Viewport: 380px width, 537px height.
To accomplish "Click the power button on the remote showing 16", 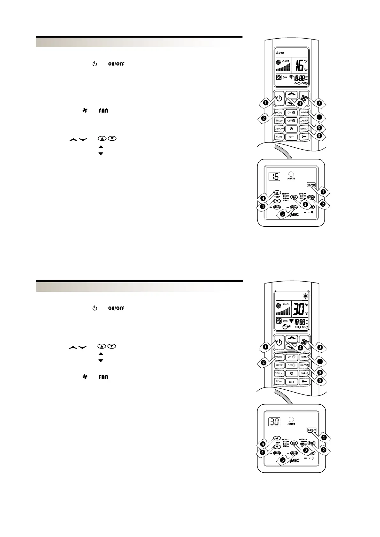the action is (279, 98).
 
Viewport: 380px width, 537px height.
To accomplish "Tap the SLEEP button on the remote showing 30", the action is (279, 365).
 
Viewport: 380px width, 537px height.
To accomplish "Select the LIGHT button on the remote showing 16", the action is (279, 137).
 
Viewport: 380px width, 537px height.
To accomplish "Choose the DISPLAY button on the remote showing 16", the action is (279, 129).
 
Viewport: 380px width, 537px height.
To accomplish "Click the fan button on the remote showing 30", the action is (304, 342).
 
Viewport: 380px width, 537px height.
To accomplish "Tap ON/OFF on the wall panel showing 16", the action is (311, 185).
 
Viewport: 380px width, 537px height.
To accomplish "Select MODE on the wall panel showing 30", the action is (311, 443).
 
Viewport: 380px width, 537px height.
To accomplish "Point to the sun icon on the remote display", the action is (306, 296).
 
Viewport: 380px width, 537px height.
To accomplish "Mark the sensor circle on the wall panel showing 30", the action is (291, 419).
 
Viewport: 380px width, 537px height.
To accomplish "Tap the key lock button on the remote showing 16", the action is (304, 137).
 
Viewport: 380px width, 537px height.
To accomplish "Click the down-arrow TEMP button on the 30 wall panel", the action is (277, 447).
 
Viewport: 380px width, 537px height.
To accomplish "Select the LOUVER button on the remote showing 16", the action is (304, 121).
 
